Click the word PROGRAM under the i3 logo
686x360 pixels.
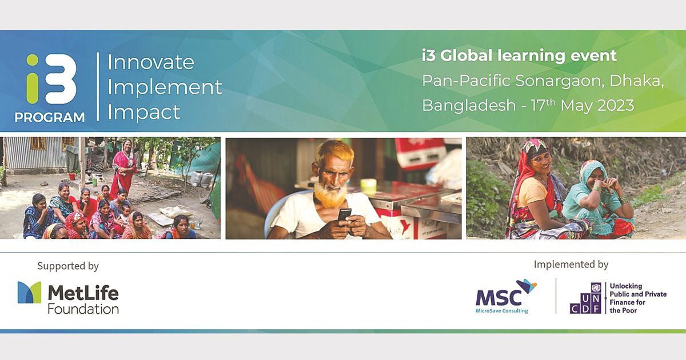coord(50,117)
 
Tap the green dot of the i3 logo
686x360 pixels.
coord(33,60)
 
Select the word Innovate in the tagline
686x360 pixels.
coord(150,62)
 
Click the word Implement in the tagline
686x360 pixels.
coord(165,87)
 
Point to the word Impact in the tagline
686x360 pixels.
coord(143,112)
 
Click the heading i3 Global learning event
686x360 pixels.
coord(519,56)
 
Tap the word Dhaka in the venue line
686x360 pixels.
coord(636,81)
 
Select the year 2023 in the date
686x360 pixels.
coord(616,106)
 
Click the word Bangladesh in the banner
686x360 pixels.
coord(469,106)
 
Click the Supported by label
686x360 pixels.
coord(68,266)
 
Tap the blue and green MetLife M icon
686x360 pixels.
coord(29,293)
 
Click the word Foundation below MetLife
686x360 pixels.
coord(83,309)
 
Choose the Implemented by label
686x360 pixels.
coord(571,265)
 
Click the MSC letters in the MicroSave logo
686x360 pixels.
coord(498,297)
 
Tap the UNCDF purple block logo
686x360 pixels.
coord(585,298)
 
